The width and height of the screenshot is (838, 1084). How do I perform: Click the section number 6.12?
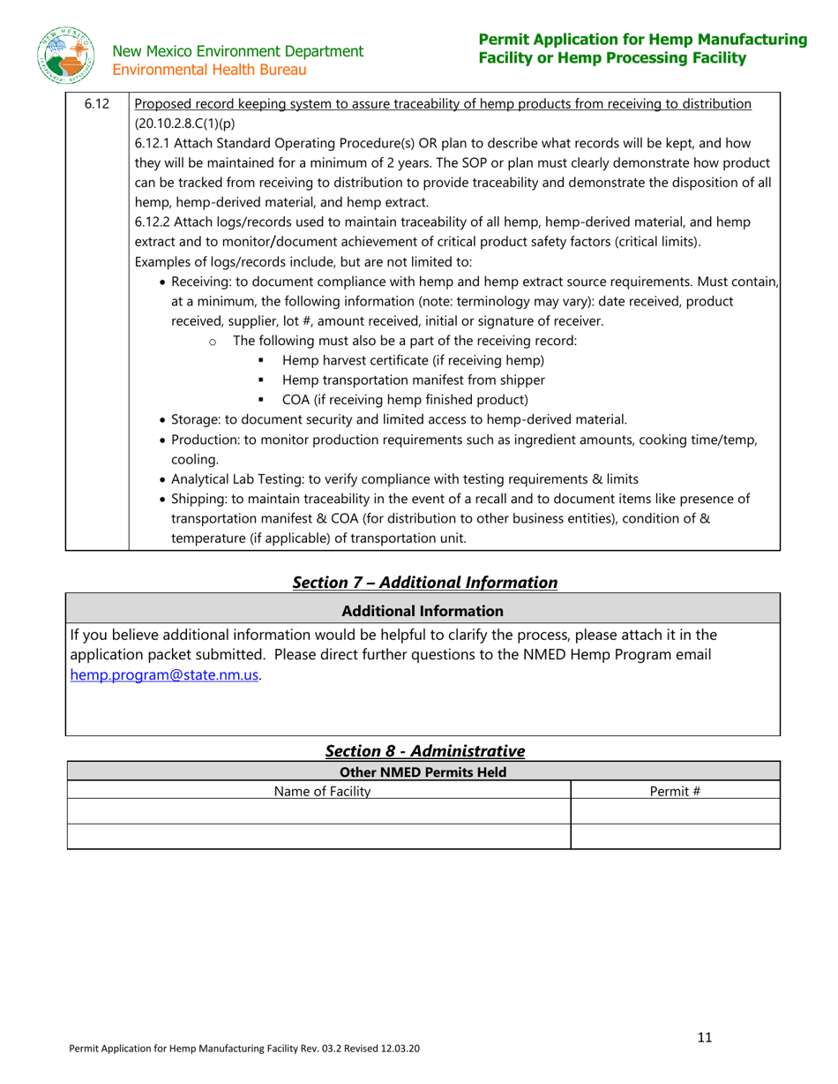96,105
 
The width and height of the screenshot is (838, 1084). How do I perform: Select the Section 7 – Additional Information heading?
424,582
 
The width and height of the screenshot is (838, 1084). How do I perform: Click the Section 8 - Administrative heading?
424,750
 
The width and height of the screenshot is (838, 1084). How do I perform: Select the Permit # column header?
675,791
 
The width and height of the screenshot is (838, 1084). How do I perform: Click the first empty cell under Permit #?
675,812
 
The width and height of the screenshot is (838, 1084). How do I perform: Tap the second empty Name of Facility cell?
319,836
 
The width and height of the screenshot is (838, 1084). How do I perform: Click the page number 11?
704,1037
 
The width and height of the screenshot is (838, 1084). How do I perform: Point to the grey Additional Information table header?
423,610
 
